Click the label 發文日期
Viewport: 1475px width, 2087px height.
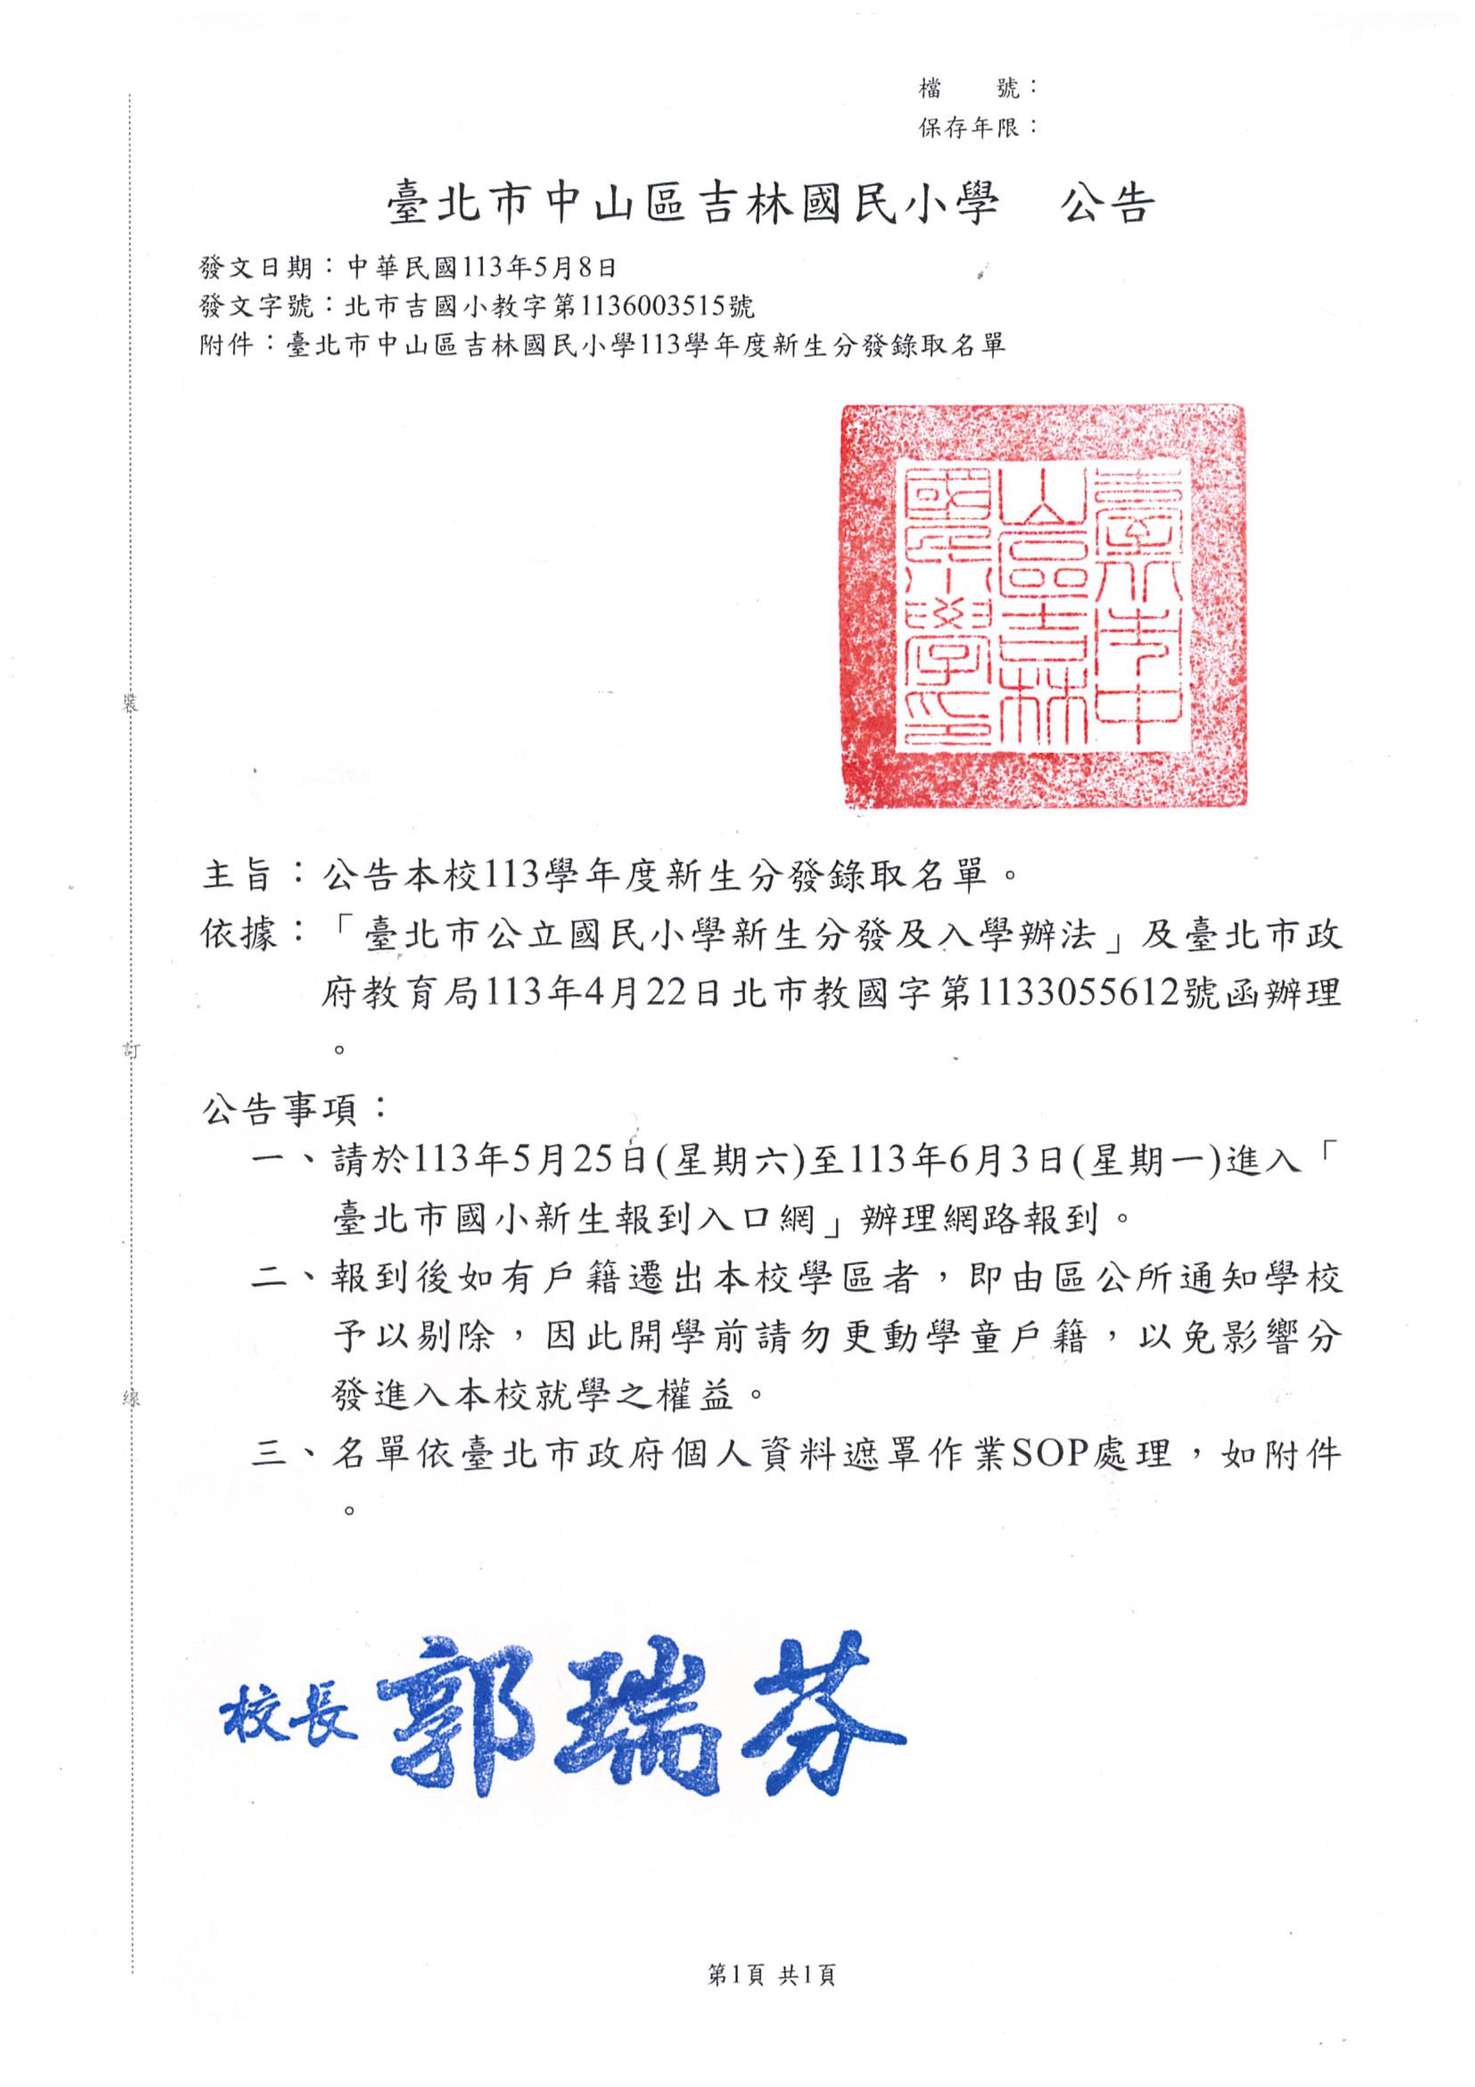pos(256,267)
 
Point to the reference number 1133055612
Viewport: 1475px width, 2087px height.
pos(1075,994)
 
